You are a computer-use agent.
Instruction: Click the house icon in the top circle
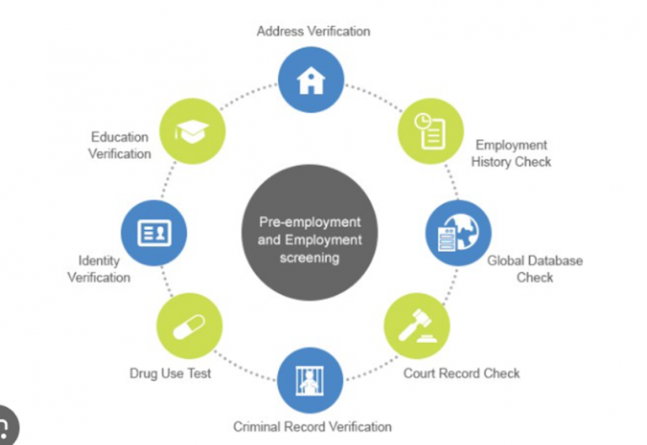click(311, 81)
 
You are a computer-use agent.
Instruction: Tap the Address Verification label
click(313, 31)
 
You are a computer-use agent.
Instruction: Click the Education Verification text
click(120, 145)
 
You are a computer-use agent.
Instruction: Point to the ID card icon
click(153, 233)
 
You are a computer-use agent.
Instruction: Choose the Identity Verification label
click(99, 270)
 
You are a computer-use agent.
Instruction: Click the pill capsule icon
click(190, 326)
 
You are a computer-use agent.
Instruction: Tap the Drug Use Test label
click(169, 373)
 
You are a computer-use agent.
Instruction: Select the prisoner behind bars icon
click(310, 381)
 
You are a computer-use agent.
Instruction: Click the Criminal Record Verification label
click(313, 426)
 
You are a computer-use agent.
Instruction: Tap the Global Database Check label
click(535, 269)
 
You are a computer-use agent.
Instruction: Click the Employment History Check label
click(511, 153)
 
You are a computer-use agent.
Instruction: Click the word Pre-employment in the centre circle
click(310, 222)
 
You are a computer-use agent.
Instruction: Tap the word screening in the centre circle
click(309, 258)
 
